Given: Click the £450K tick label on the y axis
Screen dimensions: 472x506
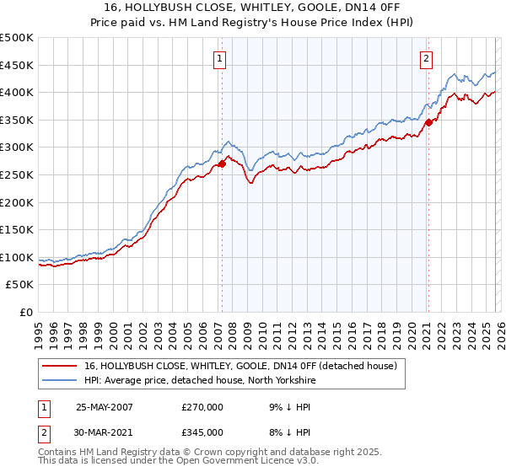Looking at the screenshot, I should [17, 65].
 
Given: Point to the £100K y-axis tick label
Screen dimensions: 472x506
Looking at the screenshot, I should [17, 257].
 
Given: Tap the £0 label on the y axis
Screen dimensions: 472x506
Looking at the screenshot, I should [25, 312].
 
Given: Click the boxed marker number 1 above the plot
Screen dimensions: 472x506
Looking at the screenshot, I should [219, 58].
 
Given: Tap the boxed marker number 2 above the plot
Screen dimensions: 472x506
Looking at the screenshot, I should [426, 58].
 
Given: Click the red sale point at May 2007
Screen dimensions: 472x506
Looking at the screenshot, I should [223, 164].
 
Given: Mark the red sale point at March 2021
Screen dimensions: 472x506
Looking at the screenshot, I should [428, 122].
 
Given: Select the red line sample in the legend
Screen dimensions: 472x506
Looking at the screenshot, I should [60, 366].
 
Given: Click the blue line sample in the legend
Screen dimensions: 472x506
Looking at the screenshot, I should [60, 380].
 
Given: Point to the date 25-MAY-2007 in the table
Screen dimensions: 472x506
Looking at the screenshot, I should [105, 406].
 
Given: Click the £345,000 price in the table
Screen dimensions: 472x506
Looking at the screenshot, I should [202, 432].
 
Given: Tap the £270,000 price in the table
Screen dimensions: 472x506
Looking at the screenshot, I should [202, 406].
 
